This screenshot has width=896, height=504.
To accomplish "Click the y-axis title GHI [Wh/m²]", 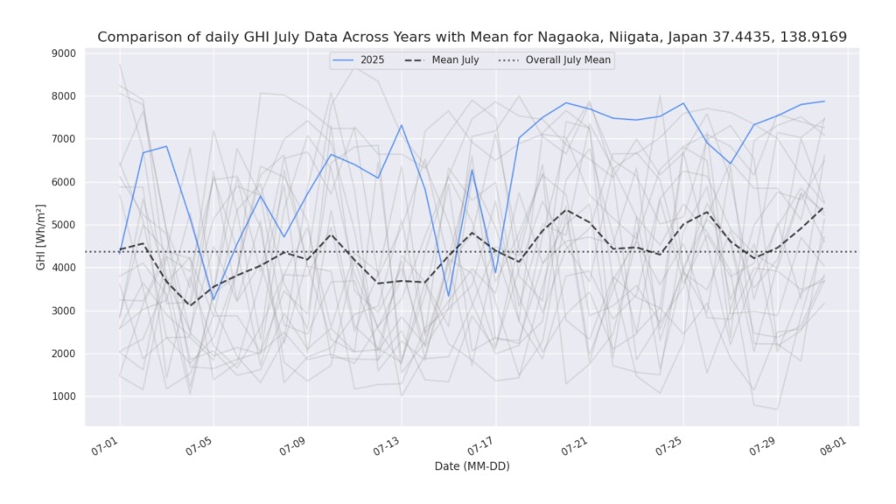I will pos(41,236).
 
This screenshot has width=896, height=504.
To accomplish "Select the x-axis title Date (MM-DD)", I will pos(472,466).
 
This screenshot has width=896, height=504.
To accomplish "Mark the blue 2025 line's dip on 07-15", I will pos(448,296).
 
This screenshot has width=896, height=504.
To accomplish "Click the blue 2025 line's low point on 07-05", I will pos(213,299).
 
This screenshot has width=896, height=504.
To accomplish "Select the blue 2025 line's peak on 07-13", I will pos(402,125).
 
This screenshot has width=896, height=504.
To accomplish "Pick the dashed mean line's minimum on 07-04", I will pos(190,305).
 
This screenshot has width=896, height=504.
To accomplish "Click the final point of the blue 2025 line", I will pos(823,101).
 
